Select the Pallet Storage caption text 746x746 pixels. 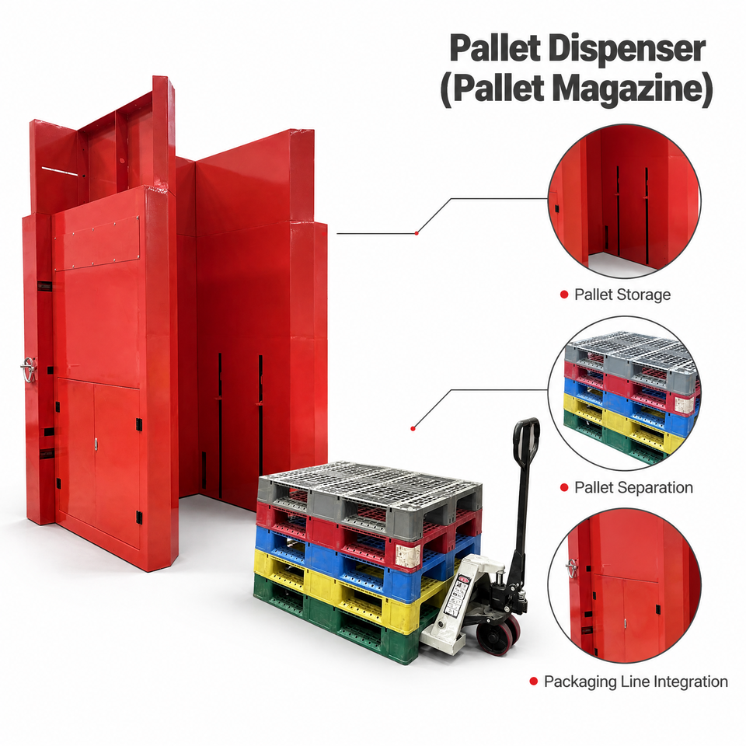click(x=622, y=295)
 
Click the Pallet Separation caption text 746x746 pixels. click(x=633, y=487)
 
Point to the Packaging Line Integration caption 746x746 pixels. click(x=636, y=682)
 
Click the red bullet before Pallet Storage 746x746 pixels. click(x=564, y=295)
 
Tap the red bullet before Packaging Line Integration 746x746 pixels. click(x=534, y=682)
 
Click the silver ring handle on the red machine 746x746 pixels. click(x=28, y=370)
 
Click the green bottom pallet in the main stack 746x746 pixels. click(x=333, y=619)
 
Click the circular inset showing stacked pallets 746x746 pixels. click(x=624, y=393)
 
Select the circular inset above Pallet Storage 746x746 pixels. click(x=624, y=200)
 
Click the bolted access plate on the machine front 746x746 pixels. click(x=96, y=243)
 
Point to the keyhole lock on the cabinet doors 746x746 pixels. click(x=96, y=444)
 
